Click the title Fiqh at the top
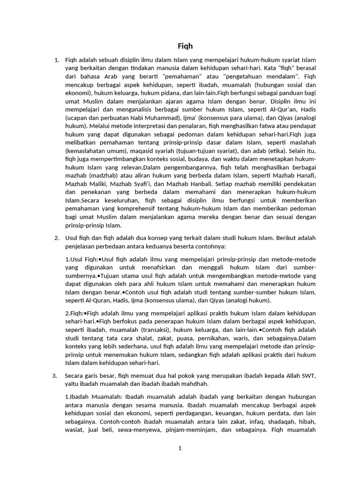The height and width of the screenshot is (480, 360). pyautogui.click(x=185, y=46)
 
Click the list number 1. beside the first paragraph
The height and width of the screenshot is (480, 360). pyautogui.click(x=57, y=60)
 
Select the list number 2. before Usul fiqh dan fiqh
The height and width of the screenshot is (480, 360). pyautogui.click(x=57, y=238)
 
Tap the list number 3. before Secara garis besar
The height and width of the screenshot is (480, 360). pyautogui.click(x=55, y=375)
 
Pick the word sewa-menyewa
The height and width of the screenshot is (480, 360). pyautogui.click(x=141, y=429)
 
